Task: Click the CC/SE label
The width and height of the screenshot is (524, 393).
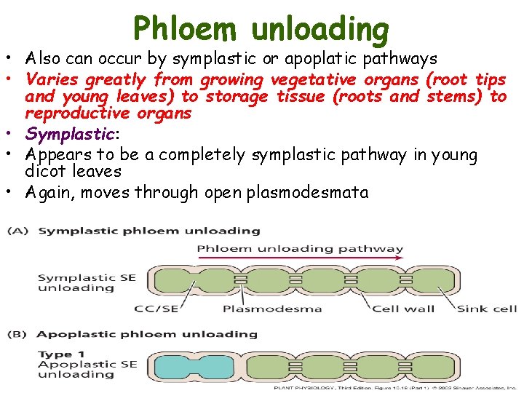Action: point(156,309)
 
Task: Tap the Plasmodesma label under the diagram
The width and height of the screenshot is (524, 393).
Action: point(272,309)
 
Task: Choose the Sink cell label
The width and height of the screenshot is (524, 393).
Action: point(486,309)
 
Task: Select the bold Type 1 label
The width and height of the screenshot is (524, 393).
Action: point(55,354)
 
